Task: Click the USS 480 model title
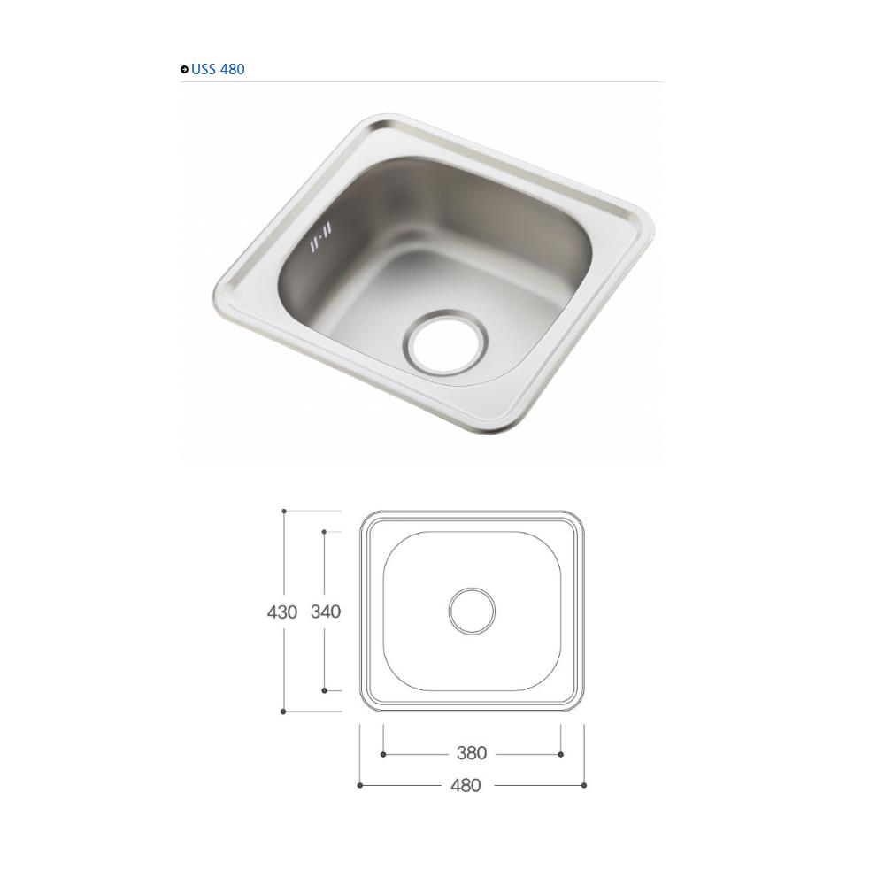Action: (x=218, y=69)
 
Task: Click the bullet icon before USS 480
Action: (x=184, y=69)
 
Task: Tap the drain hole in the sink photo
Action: (x=446, y=341)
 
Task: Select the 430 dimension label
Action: (x=282, y=612)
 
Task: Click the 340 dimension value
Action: (x=326, y=612)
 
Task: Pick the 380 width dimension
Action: (x=472, y=753)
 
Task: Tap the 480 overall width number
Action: (x=466, y=785)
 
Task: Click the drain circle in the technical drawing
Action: (x=472, y=611)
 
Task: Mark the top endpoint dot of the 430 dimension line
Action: (x=284, y=511)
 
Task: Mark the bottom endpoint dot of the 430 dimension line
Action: (x=283, y=712)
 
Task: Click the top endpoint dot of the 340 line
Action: (x=325, y=532)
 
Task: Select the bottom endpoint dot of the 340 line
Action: (x=325, y=690)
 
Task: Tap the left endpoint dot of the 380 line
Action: (x=383, y=754)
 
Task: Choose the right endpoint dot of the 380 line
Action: (x=561, y=754)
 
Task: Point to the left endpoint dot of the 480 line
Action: (x=359, y=785)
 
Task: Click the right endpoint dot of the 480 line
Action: (x=584, y=785)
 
